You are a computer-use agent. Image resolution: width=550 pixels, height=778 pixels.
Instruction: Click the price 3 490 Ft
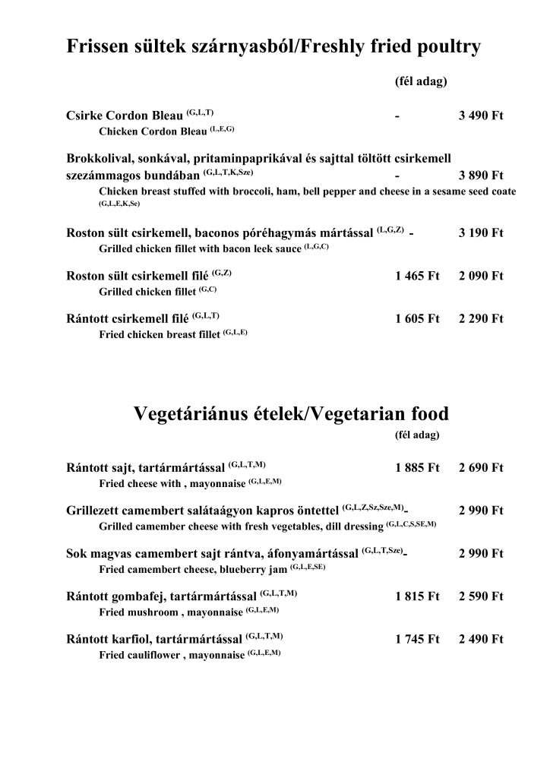point(481,117)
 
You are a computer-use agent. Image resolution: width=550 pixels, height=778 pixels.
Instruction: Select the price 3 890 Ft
point(481,175)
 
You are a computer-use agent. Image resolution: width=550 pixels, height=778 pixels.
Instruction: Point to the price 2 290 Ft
point(481,319)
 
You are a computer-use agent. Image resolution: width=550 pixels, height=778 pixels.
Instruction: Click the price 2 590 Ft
point(481,596)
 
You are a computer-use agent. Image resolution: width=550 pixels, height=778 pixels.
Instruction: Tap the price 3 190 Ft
point(481,233)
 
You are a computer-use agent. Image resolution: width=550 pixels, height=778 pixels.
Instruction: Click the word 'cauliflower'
point(150,654)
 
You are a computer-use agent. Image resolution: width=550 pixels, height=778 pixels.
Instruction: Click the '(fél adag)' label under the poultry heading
point(421,81)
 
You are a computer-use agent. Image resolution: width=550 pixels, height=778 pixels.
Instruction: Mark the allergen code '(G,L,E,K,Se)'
point(120,204)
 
